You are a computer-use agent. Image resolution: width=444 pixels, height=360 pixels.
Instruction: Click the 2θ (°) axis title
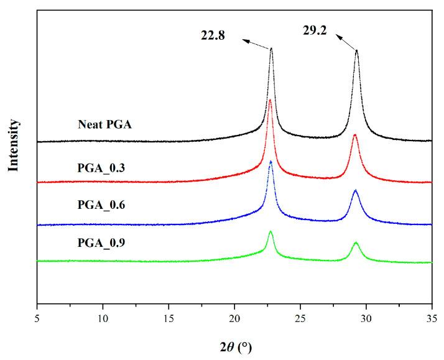point(234,346)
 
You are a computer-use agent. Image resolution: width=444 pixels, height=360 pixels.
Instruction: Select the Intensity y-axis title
point(14,145)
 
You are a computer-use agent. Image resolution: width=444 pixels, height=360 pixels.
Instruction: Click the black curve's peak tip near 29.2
point(356,50)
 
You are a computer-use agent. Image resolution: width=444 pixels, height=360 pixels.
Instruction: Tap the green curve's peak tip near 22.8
point(271,231)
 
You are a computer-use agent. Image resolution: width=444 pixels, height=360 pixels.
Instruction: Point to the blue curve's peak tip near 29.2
point(355,190)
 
